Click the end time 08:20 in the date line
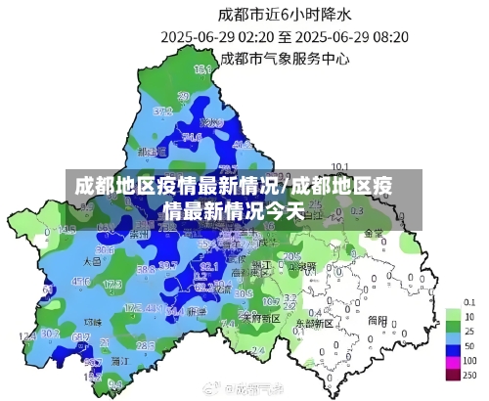click(387, 36)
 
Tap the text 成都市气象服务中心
click(285, 58)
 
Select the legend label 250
click(469, 376)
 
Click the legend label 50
click(469, 347)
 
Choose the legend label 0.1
click(469, 301)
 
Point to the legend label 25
click(469, 332)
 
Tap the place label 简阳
click(378, 319)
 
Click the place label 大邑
click(93, 262)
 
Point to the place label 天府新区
click(261, 319)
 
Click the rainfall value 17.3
click(111, 284)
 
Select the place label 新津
click(197, 311)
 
